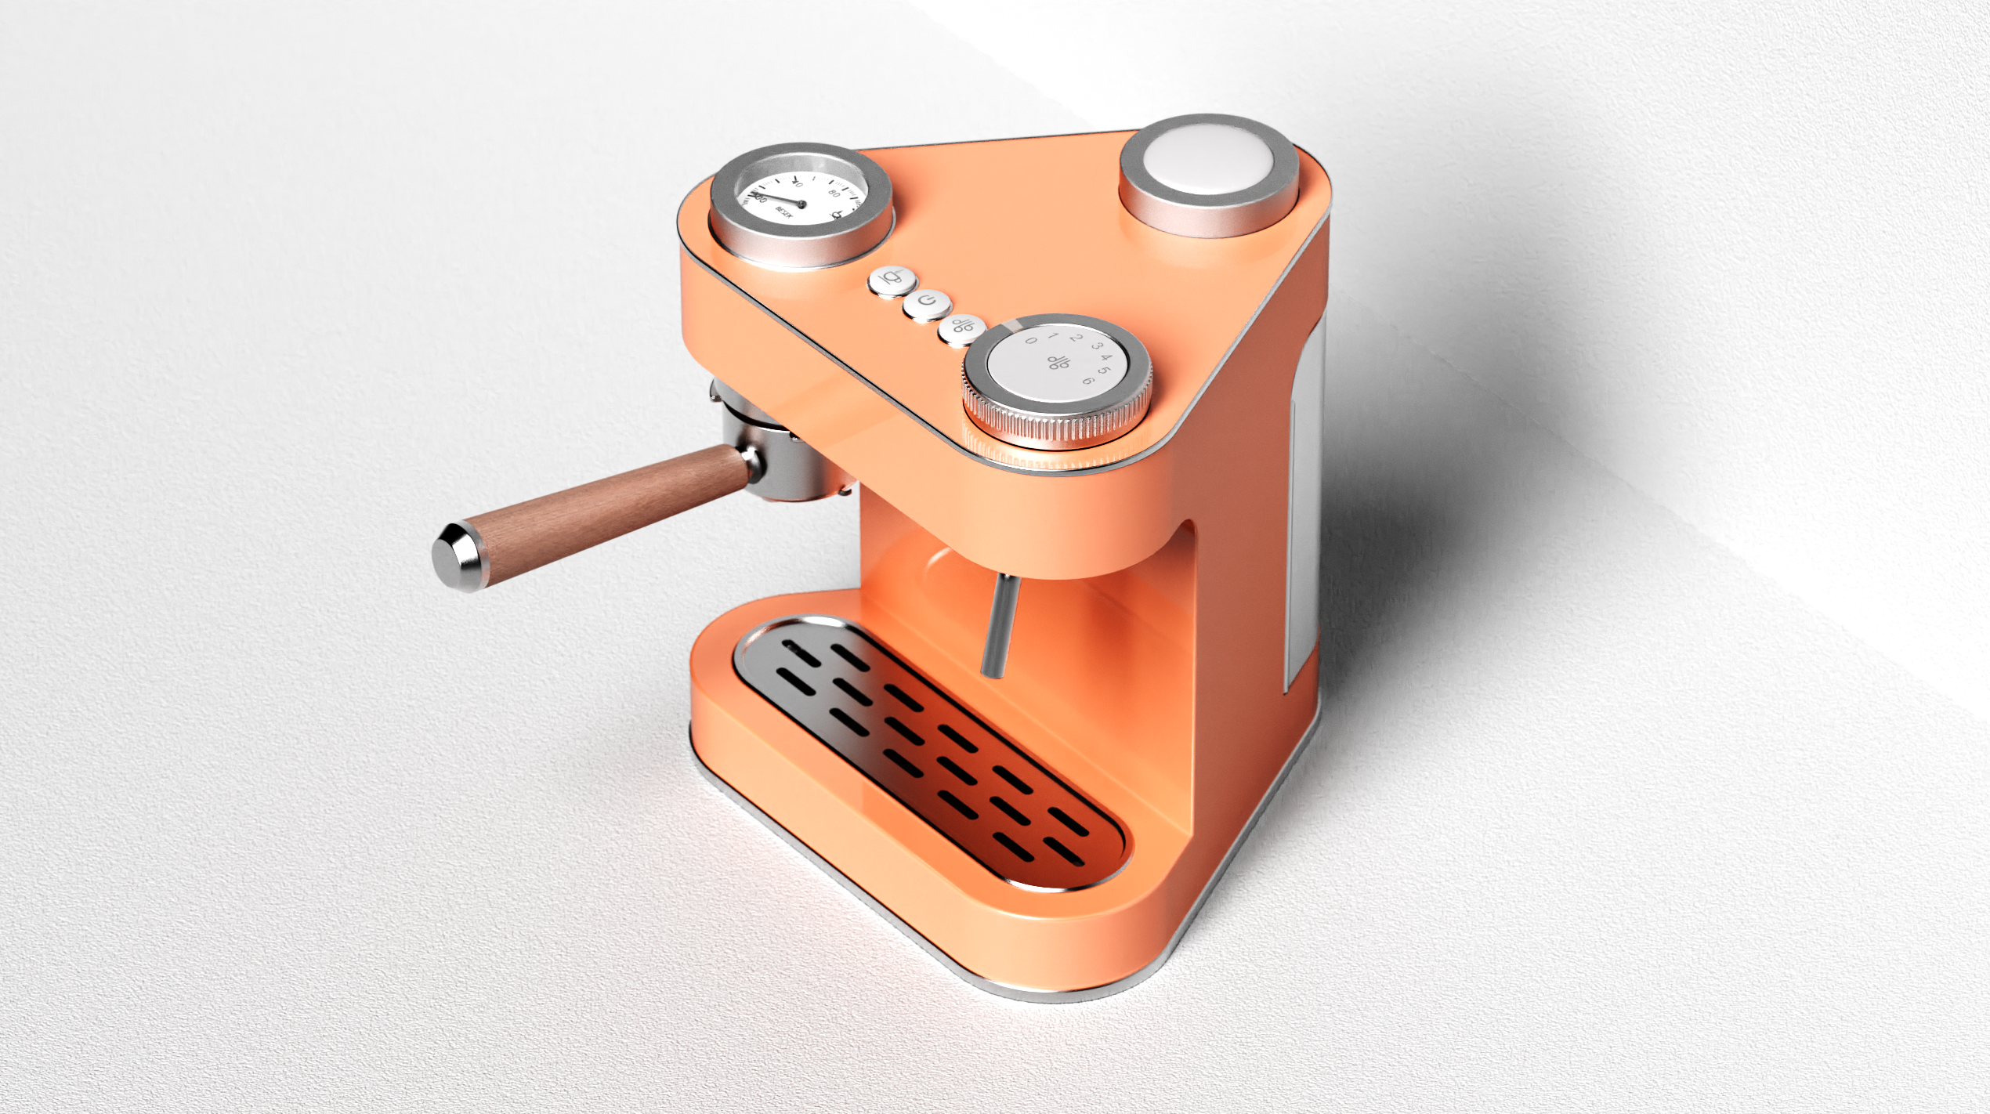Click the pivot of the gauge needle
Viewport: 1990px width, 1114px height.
(x=801, y=204)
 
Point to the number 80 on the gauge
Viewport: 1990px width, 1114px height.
(x=834, y=194)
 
